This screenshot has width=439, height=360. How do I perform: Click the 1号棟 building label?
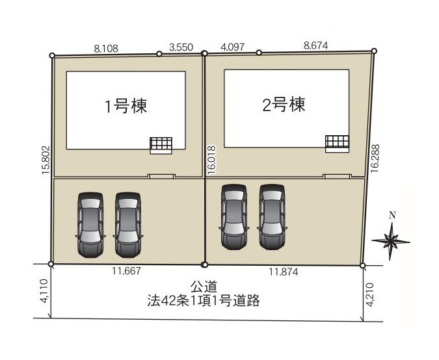(x=126, y=106)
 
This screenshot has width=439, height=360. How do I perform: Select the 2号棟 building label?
(x=284, y=104)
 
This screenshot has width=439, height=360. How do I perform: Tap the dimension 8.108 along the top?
(x=107, y=47)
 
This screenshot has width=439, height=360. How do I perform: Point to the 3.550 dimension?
(x=181, y=47)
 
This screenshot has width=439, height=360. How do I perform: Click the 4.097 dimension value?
(x=232, y=47)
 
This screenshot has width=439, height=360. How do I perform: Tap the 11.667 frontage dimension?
(x=127, y=272)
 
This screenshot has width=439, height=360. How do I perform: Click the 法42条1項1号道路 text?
(x=204, y=301)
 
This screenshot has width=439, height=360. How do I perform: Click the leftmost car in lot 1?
(x=90, y=224)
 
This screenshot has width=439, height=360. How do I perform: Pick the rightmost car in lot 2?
(x=272, y=216)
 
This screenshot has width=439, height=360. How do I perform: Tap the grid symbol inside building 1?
(x=161, y=145)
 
